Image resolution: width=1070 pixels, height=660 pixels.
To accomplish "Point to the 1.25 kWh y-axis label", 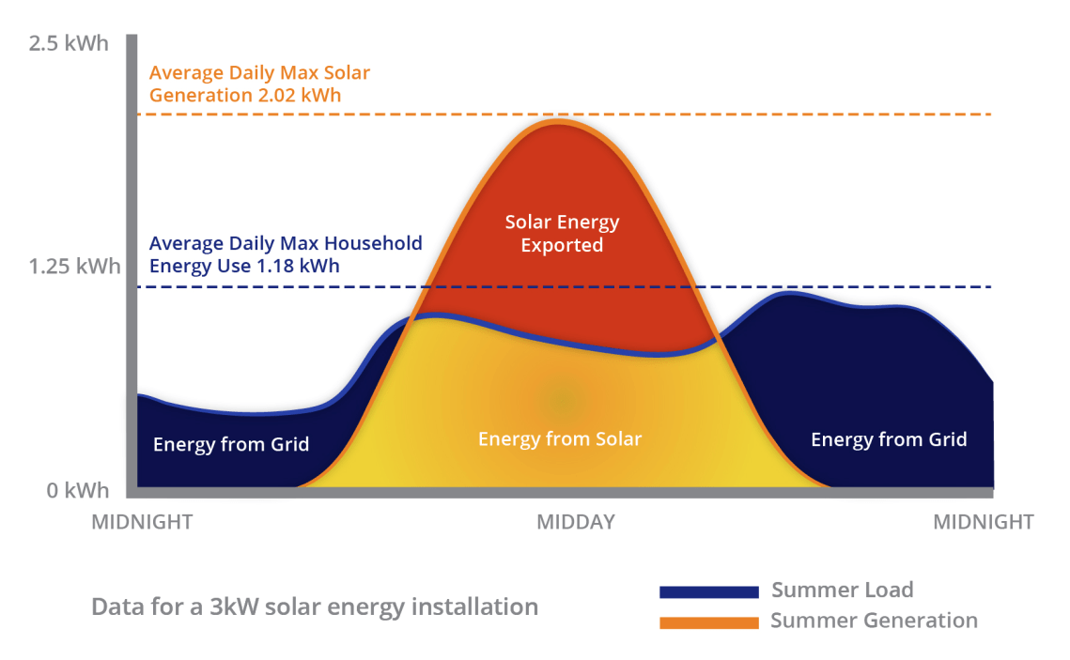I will (x=74, y=266).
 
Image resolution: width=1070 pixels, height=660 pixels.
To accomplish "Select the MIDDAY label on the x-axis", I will (x=575, y=522).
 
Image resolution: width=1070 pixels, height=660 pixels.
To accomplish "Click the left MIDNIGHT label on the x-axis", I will (x=142, y=522).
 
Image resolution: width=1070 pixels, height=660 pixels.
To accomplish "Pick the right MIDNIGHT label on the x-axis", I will (x=983, y=522).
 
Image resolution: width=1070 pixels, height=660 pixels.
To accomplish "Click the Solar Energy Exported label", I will (x=562, y=234).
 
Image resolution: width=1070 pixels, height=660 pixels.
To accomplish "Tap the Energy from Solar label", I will (x=560, y=438).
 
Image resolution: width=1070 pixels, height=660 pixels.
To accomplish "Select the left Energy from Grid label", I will (x=231, y=444).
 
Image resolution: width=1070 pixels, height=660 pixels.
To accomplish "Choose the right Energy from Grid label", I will (x=889, y=439).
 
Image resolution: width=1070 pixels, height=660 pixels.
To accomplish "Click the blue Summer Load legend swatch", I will (x=708, y=592).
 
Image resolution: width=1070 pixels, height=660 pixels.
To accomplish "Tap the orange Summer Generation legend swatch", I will (x=708, y=622).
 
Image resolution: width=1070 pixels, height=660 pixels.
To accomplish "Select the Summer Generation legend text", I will (x=874, y=621).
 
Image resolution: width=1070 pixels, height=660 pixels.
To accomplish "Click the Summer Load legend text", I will (x=842, y=590).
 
